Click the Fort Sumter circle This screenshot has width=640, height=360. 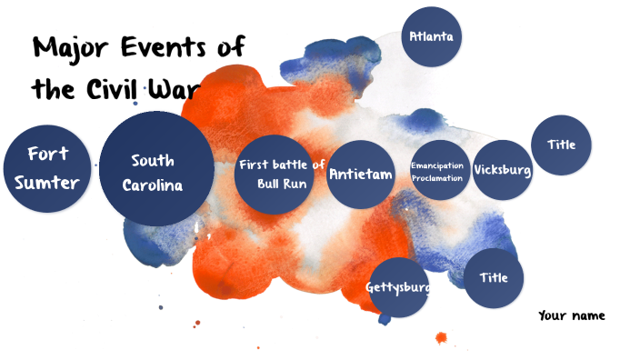pyautogui.click(x=47, y=168)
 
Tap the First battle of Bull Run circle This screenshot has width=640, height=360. pyautogui.click(x=280, y=174)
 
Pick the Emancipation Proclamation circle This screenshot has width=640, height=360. pyautogui.click(x=439, y=170)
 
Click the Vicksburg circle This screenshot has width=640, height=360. pyautogui.click(x=502, y=170)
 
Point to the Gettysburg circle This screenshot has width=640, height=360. pyautogui.click(x=398, y=287)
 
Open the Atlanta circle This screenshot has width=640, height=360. pyautogui.click(x=431, y=37)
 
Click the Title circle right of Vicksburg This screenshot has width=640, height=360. pyautogui.click(x=561, y=145)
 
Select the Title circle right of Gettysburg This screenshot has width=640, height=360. pyautogui.click(x=494, y=277)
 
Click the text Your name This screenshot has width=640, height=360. pyautogui.click(x=571, y=315)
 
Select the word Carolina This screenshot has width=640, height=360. pyautogui.click(x=153, y=185)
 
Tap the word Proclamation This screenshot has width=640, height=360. pyautogui.click(x=437, y=178)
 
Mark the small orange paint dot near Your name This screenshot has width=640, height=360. pyautogui.click(x=441, y=338)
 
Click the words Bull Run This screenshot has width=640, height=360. pyautogui.click(x=281, y=184)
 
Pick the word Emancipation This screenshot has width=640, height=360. pyautogui.click(x=437, y=165)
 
